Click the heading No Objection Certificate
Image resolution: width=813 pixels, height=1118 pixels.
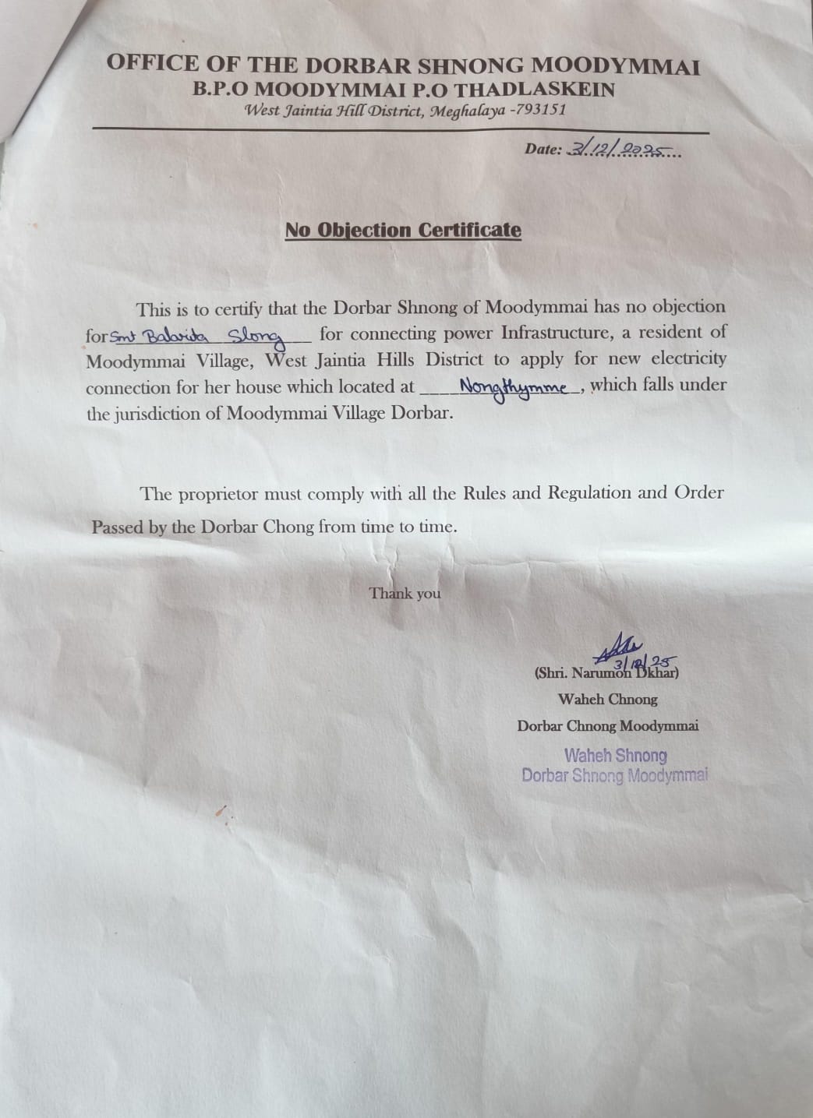[x=403, y=230]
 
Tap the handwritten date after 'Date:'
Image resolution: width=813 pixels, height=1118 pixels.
[x=622, y=150]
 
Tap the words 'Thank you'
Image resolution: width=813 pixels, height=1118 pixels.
[x=405, y=594]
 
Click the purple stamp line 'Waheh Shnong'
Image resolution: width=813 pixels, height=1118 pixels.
[x=615, y=755]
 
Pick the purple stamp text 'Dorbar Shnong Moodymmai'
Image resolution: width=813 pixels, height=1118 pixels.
[x=615, y=775]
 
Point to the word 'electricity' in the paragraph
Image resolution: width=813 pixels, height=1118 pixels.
[x=687, y=359]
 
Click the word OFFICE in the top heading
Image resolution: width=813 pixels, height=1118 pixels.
[x=143, y=64]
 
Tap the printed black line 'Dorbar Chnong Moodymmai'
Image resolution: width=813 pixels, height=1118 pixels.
[x=607, y=726]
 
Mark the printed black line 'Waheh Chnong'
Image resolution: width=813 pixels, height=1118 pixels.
[x=607, y=700]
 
